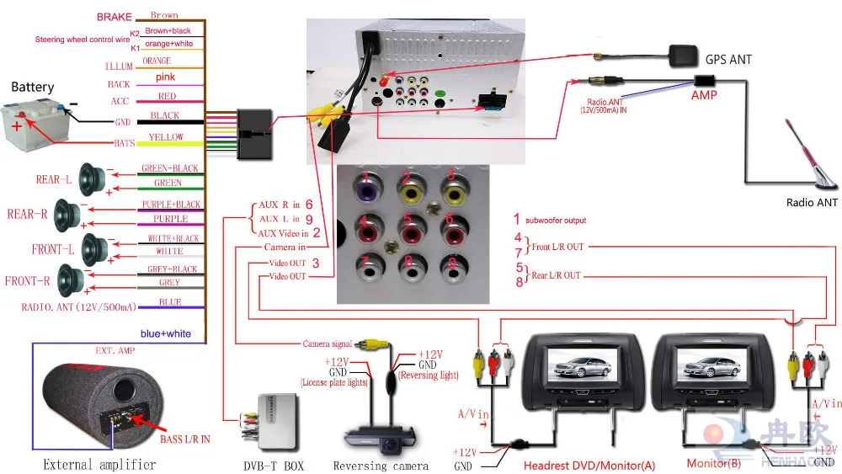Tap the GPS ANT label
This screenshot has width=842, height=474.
click(x=729, y=60)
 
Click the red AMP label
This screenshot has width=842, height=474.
click(x=704, y=95)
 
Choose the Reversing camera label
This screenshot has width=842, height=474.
click(x=380, y=466)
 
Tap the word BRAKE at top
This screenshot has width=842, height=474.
click(x=114, y=16)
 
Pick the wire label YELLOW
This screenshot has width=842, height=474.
click(x=166, y=137)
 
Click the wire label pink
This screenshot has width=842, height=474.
click(x=164, y=77)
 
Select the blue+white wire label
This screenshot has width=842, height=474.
click(x=166, y=333)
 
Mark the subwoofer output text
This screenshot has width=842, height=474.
click(x=556, y=221)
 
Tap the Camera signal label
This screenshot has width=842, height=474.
click(x=328, y=344)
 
